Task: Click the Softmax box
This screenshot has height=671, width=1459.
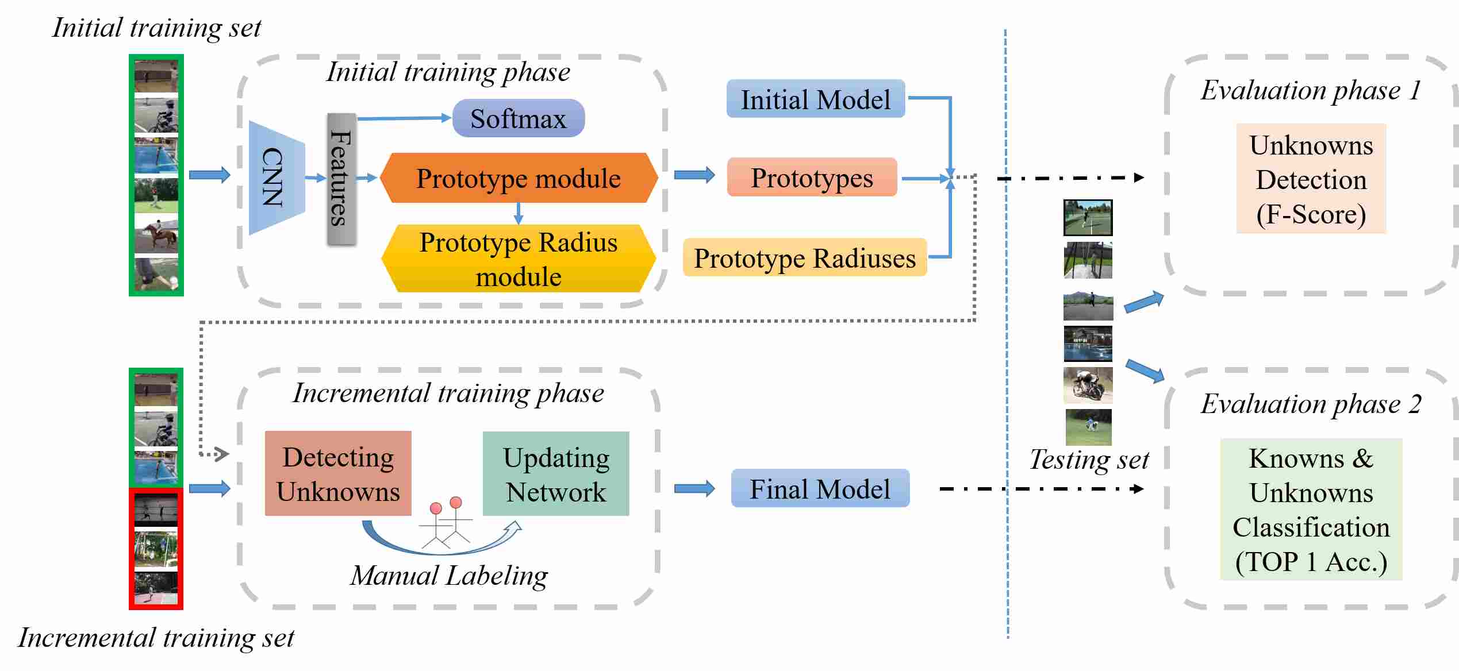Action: coord(519,118)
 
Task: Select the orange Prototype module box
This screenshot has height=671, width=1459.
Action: coord(519,178)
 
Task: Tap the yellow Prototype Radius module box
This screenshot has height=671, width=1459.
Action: coord(519,259)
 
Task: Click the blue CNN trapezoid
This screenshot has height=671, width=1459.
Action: coord(277,178)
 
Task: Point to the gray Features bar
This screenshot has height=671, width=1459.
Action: coord(341,179)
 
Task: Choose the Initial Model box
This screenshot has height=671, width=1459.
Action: coord(816,99)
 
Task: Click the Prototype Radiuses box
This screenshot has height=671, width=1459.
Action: coord(805,257)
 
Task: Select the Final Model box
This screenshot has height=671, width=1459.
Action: coord(820,488)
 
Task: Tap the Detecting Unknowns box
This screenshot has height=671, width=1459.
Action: coord(338,473)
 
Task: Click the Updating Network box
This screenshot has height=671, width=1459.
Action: coord(556,473)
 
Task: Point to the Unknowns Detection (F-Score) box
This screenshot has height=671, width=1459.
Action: coord(1311,179)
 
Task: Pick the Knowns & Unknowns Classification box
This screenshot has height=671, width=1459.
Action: coord(1311,510)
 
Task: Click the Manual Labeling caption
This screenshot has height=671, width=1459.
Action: coord(449,576)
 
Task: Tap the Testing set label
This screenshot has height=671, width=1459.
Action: coord(1089,460)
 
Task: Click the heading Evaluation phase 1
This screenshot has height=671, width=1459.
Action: coord(1311,90)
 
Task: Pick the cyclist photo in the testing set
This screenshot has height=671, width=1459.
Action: coord(1088,385)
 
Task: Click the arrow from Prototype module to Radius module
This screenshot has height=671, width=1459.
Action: coord(519,213)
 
